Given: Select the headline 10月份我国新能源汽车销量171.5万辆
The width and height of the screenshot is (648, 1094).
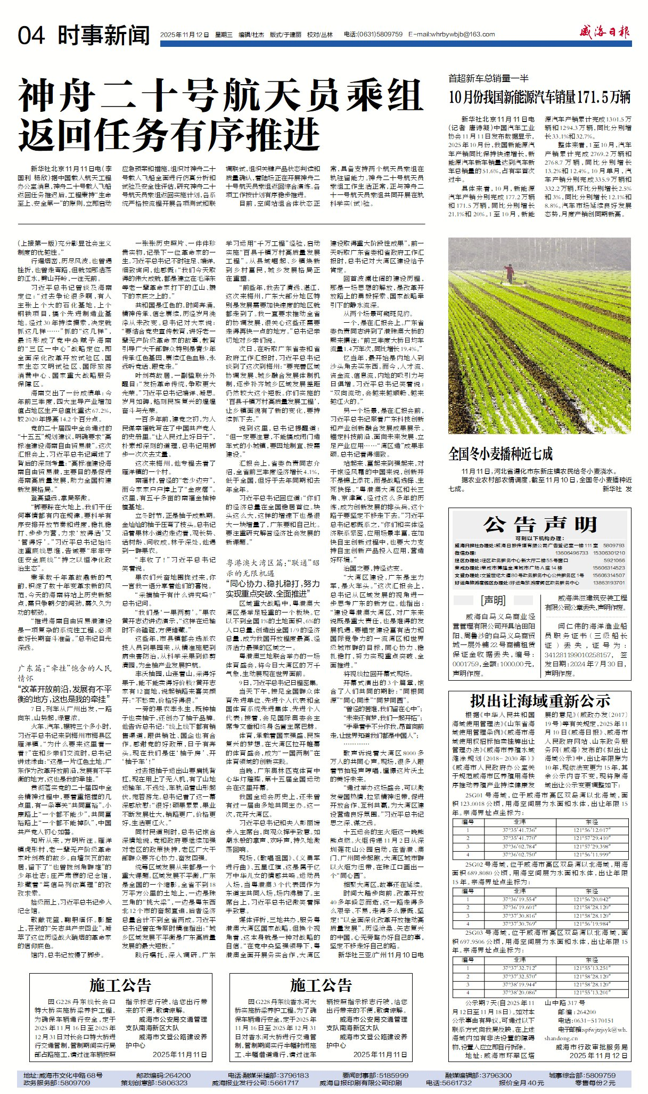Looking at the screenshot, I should click(539, 97).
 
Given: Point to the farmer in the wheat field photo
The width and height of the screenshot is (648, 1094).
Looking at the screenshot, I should click(510, 274).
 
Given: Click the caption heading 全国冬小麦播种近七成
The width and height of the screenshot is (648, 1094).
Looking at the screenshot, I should click(501, 454).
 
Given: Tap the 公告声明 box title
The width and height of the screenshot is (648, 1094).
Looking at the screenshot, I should click(540, 525).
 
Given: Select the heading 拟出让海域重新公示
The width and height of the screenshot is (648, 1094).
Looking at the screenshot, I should click(540, 700).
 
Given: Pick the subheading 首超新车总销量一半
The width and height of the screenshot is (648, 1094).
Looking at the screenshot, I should click(488, 79).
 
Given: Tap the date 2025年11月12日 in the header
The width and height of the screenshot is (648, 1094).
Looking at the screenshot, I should click(184, 35).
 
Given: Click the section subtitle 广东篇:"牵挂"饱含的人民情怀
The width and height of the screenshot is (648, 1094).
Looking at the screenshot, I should click(65, 672).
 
